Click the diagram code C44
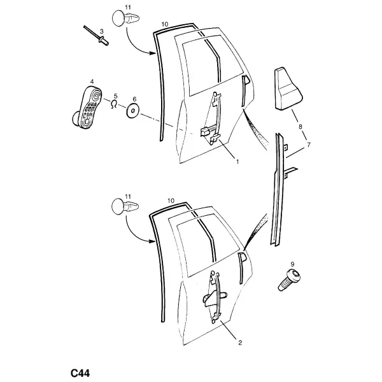(x=80, y=373)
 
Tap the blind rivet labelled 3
(x=96, y=36)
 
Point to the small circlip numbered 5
(x=113, y=104)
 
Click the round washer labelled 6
(x=132, y=111)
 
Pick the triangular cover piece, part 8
(x=288, y=88)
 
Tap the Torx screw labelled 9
(x=289, y=279)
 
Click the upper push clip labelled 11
(x=126, y=18)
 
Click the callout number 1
(x=237, y=161)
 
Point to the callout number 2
(x=240, y=343)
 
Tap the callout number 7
(x=309, y=145)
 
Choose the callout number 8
(x=300, y=127)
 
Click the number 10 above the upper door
(x=165, y=24)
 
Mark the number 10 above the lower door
(x=171, y=201)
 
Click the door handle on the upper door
(x=244, y=91)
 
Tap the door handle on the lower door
(x=241, y=268)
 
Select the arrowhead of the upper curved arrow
(x=153, y=53)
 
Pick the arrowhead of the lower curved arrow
(x=152, y=241)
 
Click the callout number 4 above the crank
(x=92, y=81)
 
